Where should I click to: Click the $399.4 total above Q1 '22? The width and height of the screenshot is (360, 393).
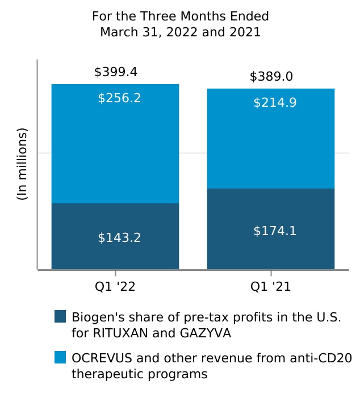click(115, 72)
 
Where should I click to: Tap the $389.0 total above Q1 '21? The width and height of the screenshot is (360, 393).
click(271, 77)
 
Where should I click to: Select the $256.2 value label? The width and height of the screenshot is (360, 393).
click(119, 98)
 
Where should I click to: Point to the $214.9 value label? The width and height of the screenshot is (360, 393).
click(275, 103)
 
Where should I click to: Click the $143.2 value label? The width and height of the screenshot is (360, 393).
click(119, 238)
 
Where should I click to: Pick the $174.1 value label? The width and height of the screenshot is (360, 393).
click(275, 231)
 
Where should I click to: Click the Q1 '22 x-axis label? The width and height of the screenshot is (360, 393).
click(115, 287)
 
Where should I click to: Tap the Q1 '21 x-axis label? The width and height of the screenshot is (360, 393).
click(271, 287)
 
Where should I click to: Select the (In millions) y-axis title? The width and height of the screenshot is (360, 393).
click(22, 164)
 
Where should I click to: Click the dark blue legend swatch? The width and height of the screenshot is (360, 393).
click(60, 316)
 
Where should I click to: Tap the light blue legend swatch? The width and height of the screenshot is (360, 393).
click(60, 357)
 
